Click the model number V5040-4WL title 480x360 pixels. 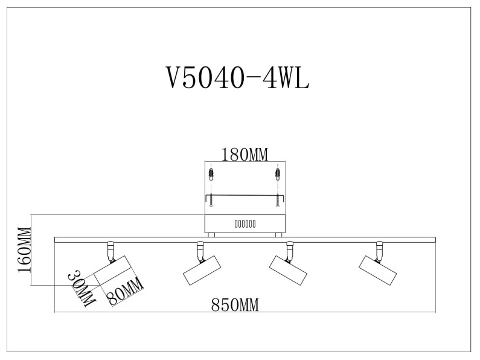pyautogui.click(x=237, y=77)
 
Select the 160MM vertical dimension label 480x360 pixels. pyautogui.click(x=24, y=251)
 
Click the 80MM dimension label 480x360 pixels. pyautogui.click(x=125, y=292)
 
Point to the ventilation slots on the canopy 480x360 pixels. pyautogui.click(x=245, y=223)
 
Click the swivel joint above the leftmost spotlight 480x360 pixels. pyautogui.click(x=110, y=248)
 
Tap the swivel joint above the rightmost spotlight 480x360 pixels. pyautogui.click(x=379, y=248)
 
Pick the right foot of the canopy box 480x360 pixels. pyautogui.click(x=277, y=234)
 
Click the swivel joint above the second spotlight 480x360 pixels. pyautogui.click(x=199, y=248)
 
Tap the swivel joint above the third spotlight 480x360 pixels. pyautogui.click(x=289, y=248)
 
